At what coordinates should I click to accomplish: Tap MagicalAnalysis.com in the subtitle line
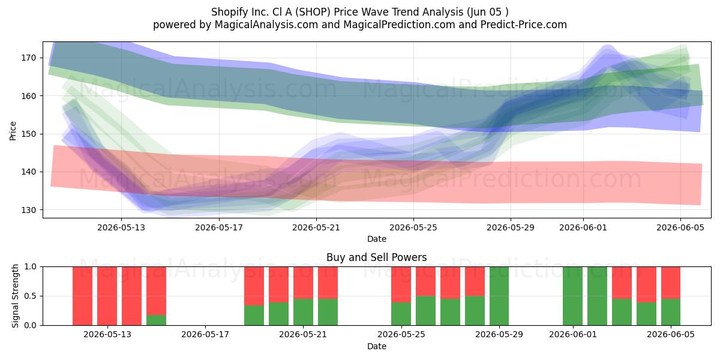click(266, 25)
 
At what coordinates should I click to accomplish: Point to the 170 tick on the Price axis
click(29, 58)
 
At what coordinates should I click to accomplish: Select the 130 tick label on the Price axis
click(29, 210)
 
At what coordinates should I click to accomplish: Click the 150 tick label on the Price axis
click(29, 134)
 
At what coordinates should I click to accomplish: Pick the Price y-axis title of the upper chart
click(13, 131)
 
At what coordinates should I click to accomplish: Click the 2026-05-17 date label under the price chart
click(219, 227)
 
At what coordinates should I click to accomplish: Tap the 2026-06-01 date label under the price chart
click(583, 227)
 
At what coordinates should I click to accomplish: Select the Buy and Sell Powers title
click(376, 257)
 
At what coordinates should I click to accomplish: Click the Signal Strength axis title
click(15, 296)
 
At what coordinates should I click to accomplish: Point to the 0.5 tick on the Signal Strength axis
click(31, 296)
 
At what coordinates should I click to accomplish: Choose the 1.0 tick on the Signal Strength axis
click(31, 267)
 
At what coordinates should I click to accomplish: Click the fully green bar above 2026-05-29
click(499, 296)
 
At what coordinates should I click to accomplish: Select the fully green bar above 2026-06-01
click(572, 296)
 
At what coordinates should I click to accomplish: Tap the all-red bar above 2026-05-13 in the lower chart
click(107, 296)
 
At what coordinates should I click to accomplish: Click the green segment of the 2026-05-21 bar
click(303, 312)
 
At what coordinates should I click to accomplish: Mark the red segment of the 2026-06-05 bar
click(671, 283)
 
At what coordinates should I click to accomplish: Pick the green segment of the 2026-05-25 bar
click(401, 314)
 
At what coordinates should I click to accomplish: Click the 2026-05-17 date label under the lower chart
click(205, 335)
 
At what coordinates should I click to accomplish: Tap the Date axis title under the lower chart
click(377, 346)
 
